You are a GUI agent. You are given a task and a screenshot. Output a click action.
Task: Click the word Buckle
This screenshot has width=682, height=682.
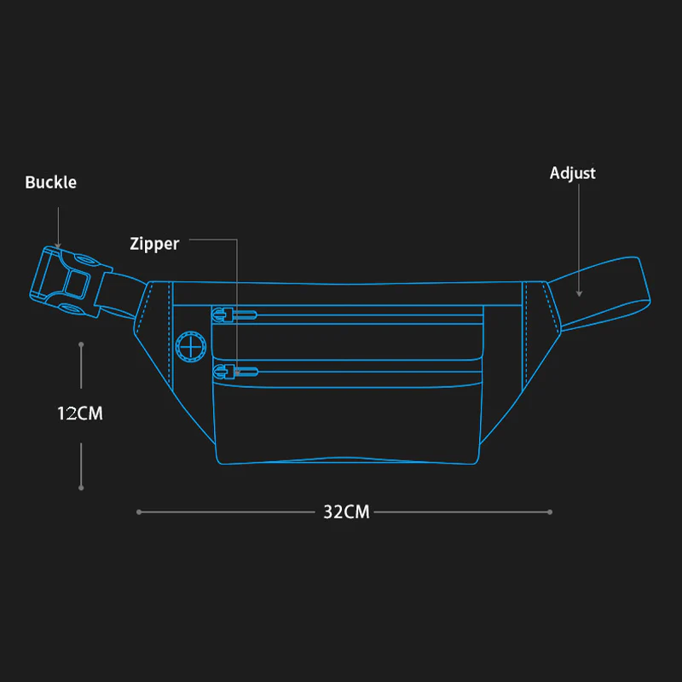click(x=50, y=182)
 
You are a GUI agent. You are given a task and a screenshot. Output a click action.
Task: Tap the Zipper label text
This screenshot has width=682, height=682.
click(x=154, y=244)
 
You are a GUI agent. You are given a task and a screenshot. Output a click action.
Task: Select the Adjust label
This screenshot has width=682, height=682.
click(x=572, y=173)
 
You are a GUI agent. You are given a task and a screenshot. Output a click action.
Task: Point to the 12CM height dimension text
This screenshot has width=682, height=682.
click(x=79, y=413)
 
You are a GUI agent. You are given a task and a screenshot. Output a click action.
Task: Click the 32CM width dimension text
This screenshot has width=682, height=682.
click(x=346, y=512)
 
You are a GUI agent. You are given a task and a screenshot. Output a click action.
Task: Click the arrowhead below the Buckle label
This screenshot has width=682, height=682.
click(x=58, y=246)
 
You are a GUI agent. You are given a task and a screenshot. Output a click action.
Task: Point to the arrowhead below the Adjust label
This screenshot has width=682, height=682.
click(x=579, y=293)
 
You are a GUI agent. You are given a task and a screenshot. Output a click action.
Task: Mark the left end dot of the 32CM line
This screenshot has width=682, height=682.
click(x=138, y=512)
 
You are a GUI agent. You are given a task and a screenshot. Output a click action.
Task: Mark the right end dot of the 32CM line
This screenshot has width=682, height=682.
click(x=551, y=512)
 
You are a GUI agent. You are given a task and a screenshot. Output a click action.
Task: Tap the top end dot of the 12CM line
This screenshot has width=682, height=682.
click(x=81, y=344)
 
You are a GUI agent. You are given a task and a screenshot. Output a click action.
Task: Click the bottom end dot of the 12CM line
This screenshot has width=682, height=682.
click(x=81, y=488)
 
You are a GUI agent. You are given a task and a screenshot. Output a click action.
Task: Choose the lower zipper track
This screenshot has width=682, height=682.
click(x=367, y=370)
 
